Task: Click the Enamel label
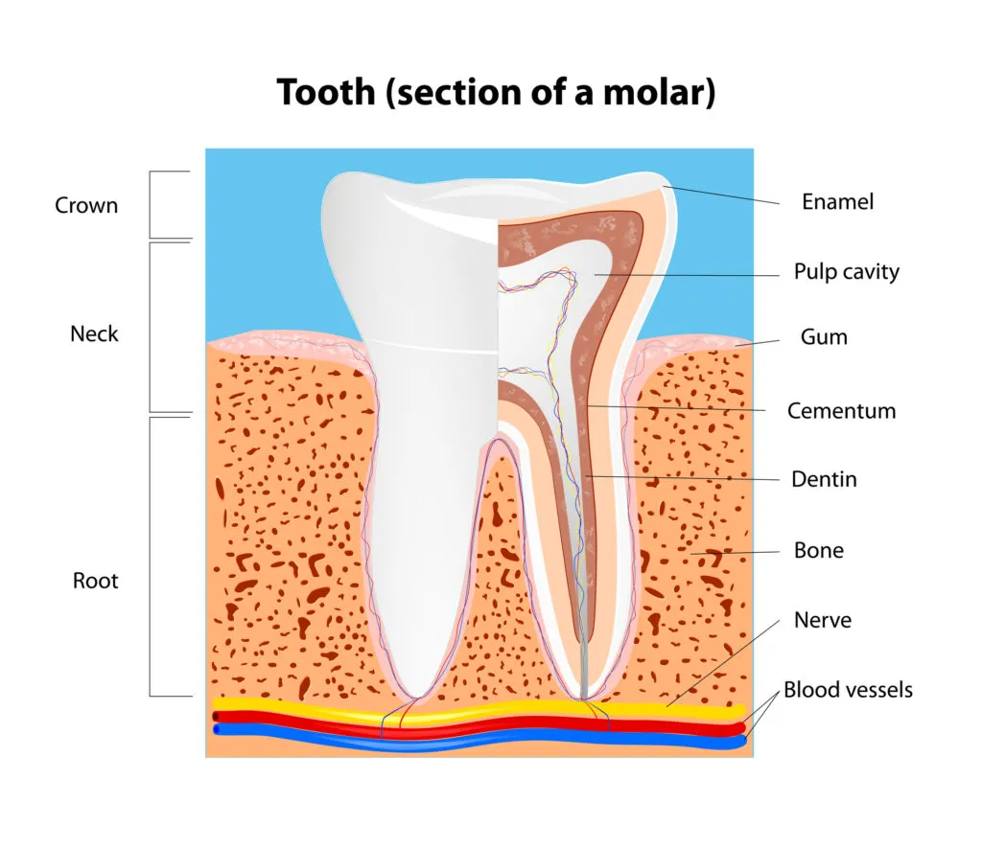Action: pos(837,202)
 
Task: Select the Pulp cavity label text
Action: pos(846,272)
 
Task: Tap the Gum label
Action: pos(824,337)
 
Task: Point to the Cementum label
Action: pos(841,411)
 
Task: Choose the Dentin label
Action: pos(824,479)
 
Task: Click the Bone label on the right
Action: pos(818,551)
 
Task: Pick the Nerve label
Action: pos(822,620)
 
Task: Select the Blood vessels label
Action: pos(848,690)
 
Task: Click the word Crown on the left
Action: pos(86,205)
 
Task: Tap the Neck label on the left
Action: pos(94,334)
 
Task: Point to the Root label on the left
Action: pos(96,581)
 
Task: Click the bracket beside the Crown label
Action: pos(151,204)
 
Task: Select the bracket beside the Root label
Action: pos(151,556)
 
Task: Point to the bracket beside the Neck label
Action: pos(151,327)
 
